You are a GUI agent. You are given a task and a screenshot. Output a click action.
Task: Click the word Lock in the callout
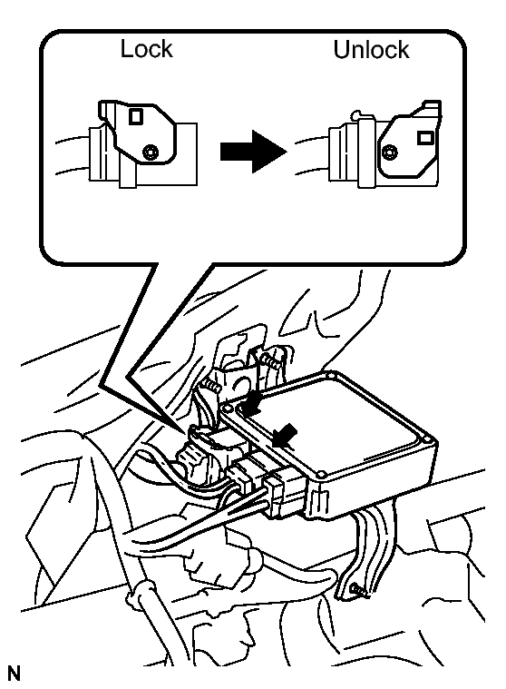click(146, 49)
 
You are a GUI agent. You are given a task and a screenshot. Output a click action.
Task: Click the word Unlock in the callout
click(371, 49)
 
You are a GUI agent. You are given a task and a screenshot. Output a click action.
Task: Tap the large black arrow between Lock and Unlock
click(253, 152)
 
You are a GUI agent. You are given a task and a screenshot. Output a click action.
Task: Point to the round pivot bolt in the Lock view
click(151, 152)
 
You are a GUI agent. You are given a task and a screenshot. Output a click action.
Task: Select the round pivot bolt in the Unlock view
click(389, 153)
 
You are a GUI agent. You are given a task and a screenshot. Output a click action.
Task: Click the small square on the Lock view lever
click(136, 116)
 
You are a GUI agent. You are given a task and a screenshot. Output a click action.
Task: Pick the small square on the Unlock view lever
click(424, 138)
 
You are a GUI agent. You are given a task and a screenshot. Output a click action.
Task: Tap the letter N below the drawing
click(14, 674)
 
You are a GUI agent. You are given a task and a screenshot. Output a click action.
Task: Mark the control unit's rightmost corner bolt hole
click(428, 439)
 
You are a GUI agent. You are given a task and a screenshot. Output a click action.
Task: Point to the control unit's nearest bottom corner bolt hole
click(321, 475)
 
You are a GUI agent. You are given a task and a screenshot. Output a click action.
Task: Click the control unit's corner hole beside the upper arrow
click(227, 408)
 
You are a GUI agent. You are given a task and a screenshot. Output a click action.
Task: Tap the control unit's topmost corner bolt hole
click(330, 375)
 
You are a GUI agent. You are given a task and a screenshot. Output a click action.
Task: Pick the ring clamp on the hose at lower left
click(141, 593)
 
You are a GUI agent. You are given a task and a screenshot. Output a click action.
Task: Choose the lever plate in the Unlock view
click(410, 140)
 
